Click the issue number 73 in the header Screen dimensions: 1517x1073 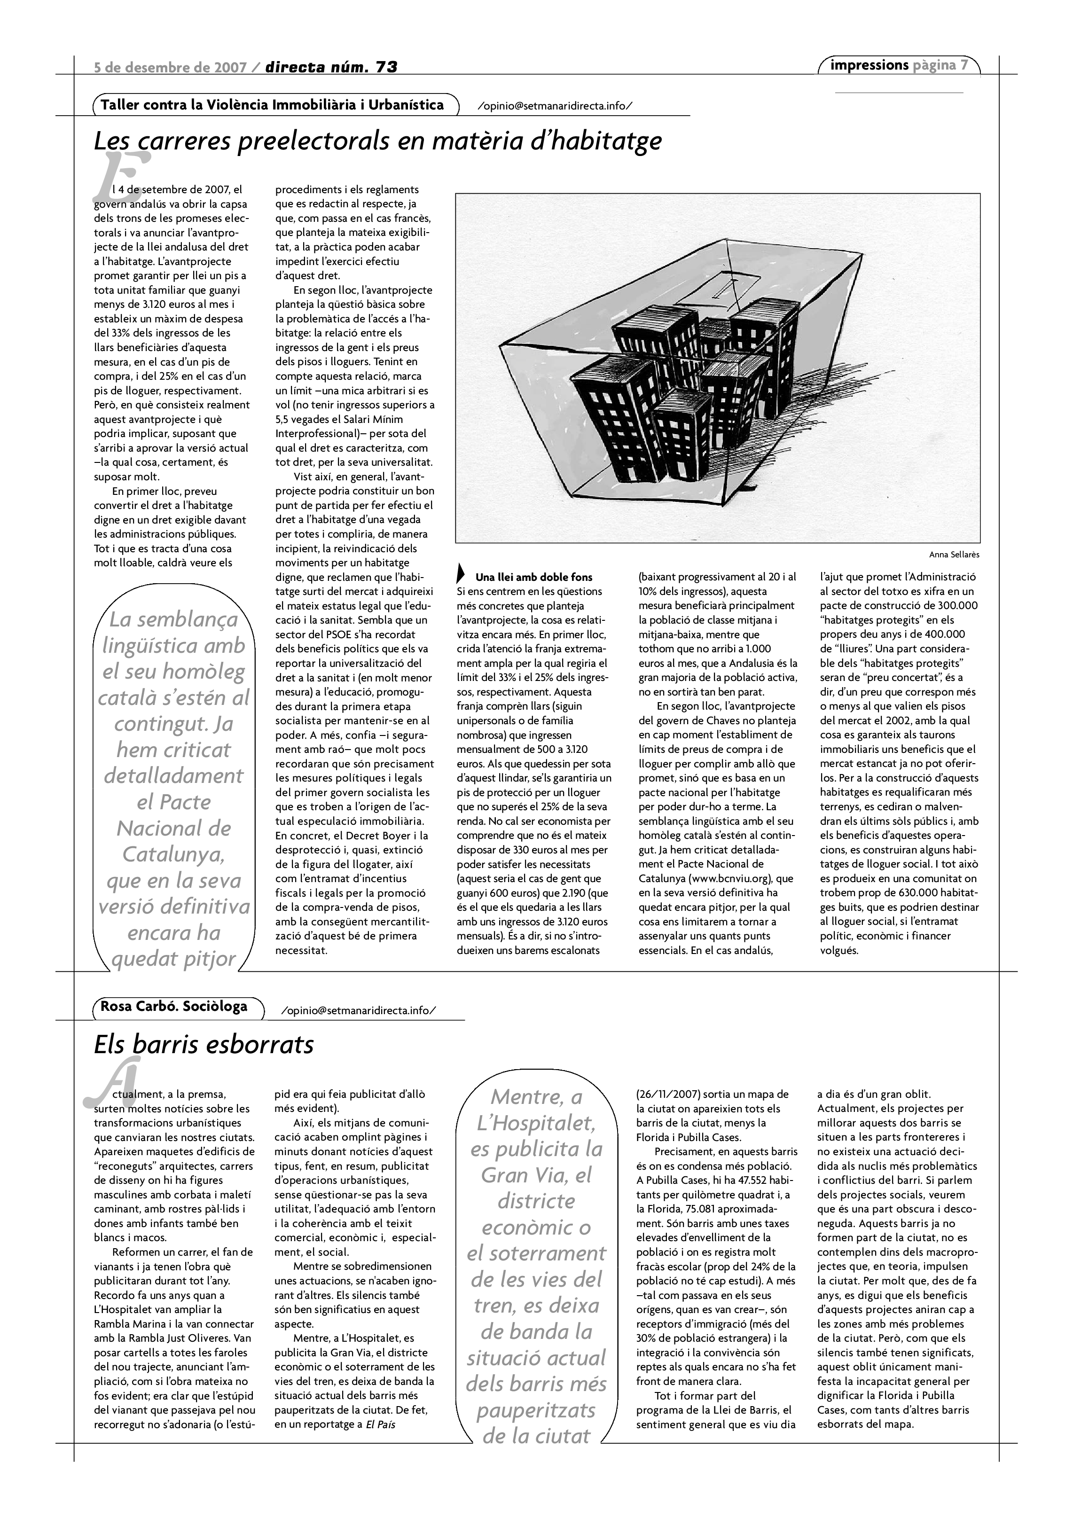386,67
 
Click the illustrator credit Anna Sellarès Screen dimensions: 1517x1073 954,555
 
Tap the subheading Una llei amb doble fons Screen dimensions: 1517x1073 534,577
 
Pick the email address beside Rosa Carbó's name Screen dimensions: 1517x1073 359,1011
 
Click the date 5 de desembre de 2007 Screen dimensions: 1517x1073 171,67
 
